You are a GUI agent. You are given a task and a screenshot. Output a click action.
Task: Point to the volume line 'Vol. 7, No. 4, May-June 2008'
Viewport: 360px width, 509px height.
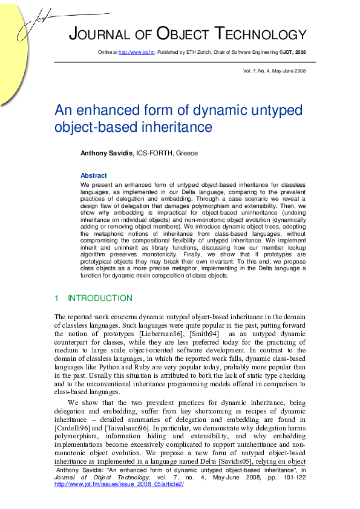click(274, 71)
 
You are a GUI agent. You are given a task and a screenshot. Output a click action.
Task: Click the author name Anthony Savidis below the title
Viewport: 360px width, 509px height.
click(106, 154)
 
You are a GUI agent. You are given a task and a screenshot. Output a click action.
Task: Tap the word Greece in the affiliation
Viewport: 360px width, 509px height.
click(186, 154)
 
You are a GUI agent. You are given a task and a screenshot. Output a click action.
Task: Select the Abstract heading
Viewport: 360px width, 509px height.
click(93, 175)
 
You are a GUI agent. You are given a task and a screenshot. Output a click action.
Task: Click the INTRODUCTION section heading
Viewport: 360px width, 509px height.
click(99, 299)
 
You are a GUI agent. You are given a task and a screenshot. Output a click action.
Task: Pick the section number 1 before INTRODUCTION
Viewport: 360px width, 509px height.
click(57, 299)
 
